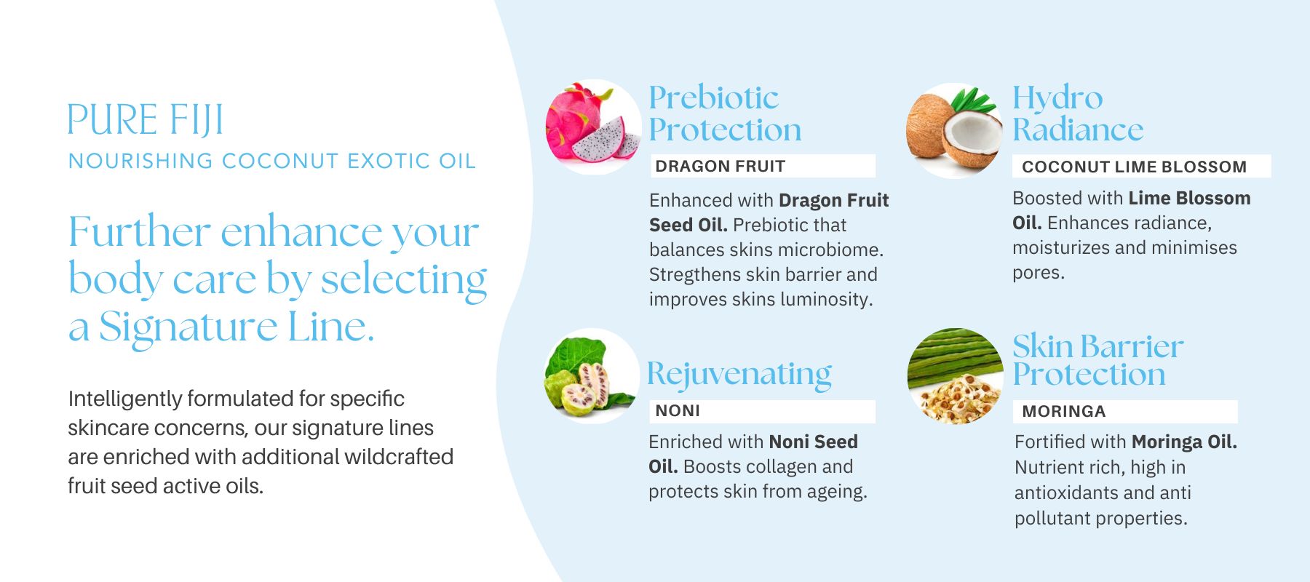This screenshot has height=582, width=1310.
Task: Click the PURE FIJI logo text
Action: click(146, 120)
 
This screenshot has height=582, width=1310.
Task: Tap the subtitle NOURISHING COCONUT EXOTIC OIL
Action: click(272, 161)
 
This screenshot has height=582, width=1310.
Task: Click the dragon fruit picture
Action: click(593, 127)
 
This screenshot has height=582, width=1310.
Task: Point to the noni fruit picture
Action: click(592, 376)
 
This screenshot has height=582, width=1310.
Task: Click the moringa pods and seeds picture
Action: click(955, 376)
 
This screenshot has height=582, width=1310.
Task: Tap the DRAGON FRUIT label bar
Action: click(762, 166)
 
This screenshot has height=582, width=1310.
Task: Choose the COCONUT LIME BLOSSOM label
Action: click(1141, 167)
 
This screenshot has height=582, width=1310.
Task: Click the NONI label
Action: click(762, 411)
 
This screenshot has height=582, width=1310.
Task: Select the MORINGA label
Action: click(1125, 412)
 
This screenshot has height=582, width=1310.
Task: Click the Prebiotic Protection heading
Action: click(725, 114)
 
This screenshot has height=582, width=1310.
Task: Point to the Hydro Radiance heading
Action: click(1078, 114)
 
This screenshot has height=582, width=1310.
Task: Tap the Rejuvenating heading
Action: click(739, 375)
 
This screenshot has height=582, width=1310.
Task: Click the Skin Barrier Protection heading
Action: click(1098, 360)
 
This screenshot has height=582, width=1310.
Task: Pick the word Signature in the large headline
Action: click(188, 328)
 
